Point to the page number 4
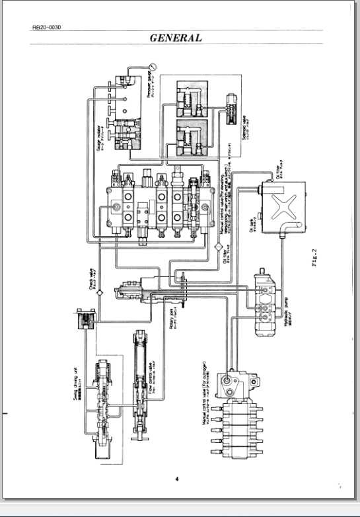(177, 479)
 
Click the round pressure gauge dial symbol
(153, 65)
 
